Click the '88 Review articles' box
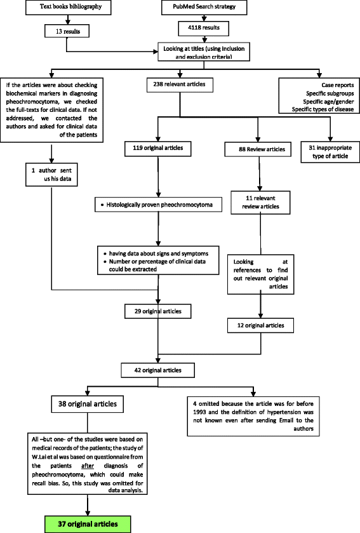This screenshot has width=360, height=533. pyautogui.click(x=253, y=150)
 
